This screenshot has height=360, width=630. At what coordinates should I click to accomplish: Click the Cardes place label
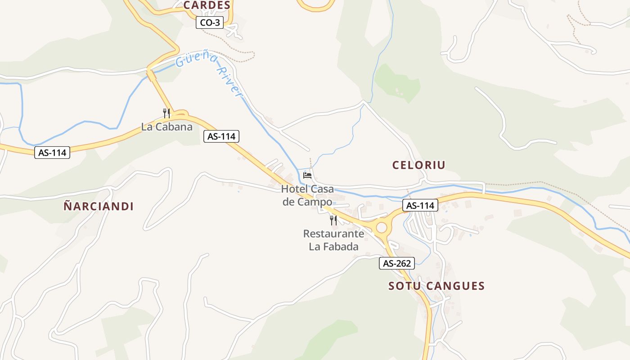[207, 5]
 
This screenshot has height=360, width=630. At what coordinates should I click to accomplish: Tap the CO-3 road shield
[210, 22]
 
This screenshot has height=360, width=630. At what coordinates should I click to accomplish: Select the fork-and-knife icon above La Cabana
[166, 112]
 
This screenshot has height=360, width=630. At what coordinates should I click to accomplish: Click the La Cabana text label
[166, 127]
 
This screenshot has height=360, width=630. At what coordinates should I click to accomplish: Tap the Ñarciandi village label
[99, 207]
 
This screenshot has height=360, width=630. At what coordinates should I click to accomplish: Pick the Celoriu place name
[418, 165]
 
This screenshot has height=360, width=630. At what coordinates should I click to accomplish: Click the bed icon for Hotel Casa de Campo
[307, 175]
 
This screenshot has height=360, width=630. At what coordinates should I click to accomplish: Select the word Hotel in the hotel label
[295, 189]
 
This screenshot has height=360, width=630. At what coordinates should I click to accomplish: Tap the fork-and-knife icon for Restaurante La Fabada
[333, 220]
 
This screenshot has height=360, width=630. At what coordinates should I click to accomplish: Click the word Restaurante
[333, 234]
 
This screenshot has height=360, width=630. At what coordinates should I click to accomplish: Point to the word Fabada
[342, 247]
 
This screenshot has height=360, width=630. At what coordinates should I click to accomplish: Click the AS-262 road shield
[396, 263]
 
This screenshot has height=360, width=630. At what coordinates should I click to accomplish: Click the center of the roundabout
[382, 228]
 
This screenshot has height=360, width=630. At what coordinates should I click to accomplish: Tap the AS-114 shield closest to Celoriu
[420, 206]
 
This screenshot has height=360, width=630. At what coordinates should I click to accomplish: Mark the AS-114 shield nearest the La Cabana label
[221, 136]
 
